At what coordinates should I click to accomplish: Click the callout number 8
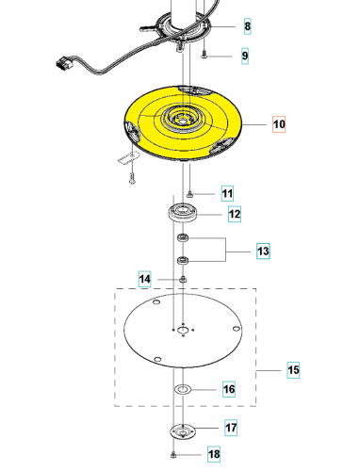248,26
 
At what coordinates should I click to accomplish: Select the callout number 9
245,56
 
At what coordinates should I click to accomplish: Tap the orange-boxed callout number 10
279,124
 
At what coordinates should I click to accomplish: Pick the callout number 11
227,193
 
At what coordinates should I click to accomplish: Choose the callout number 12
235,214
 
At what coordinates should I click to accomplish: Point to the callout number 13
263,251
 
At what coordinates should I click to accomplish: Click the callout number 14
145,279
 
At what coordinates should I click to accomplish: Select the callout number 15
293,369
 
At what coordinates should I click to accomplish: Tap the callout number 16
229,389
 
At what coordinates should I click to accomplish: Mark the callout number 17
231,428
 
